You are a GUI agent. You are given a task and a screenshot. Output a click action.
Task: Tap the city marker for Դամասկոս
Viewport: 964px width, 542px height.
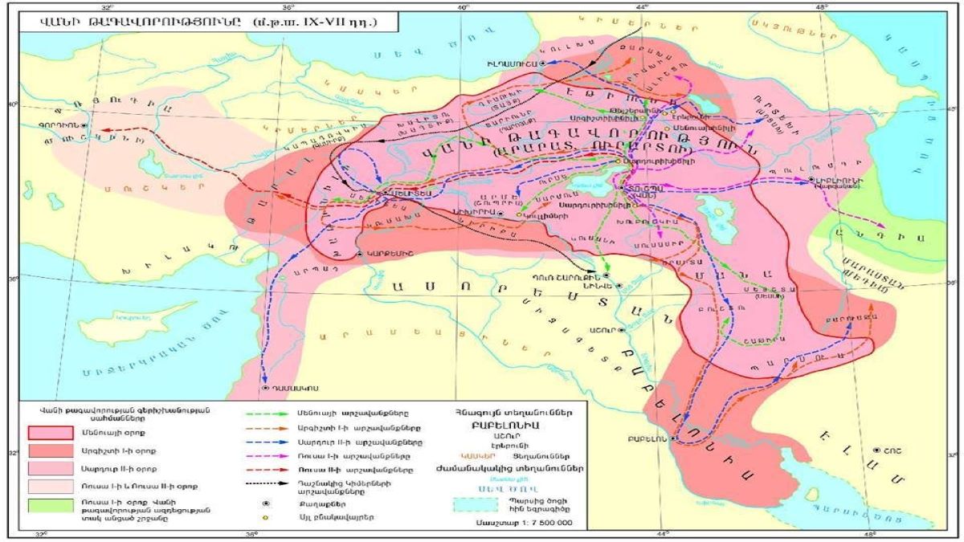pos(265,388)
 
